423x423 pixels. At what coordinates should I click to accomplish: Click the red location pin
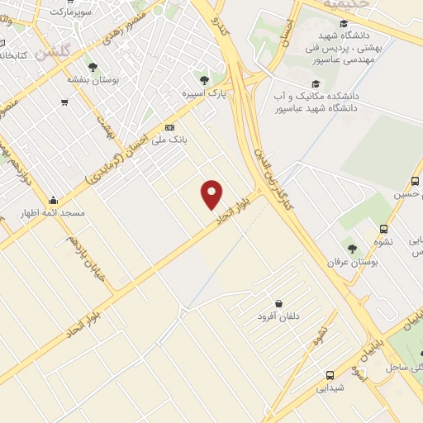pyautogui.click(x=212, y=194)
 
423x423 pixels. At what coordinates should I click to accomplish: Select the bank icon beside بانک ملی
pyautogui.click(x=170, y=126)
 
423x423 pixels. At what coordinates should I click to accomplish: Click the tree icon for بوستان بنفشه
pyautogui.click(x=92, y=68)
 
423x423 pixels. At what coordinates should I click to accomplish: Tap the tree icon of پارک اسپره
pyautogui.click(x=204, y=80)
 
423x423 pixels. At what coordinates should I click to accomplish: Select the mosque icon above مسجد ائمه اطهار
pyautogui.click(x=54, y=199)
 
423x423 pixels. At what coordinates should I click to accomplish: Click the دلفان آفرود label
pyautogui.click(x=280, y=316)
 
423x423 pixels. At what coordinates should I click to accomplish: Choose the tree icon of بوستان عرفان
pyautogui.click(x=352, y=249)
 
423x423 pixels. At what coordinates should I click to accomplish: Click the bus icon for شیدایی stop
pyautogui.click(x=330, y=374)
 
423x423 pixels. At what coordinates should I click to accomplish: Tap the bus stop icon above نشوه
pyautogui.click(x=383, y=229)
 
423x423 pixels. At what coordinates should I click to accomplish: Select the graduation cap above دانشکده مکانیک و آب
pyautogui.click(x=315, y=83)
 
